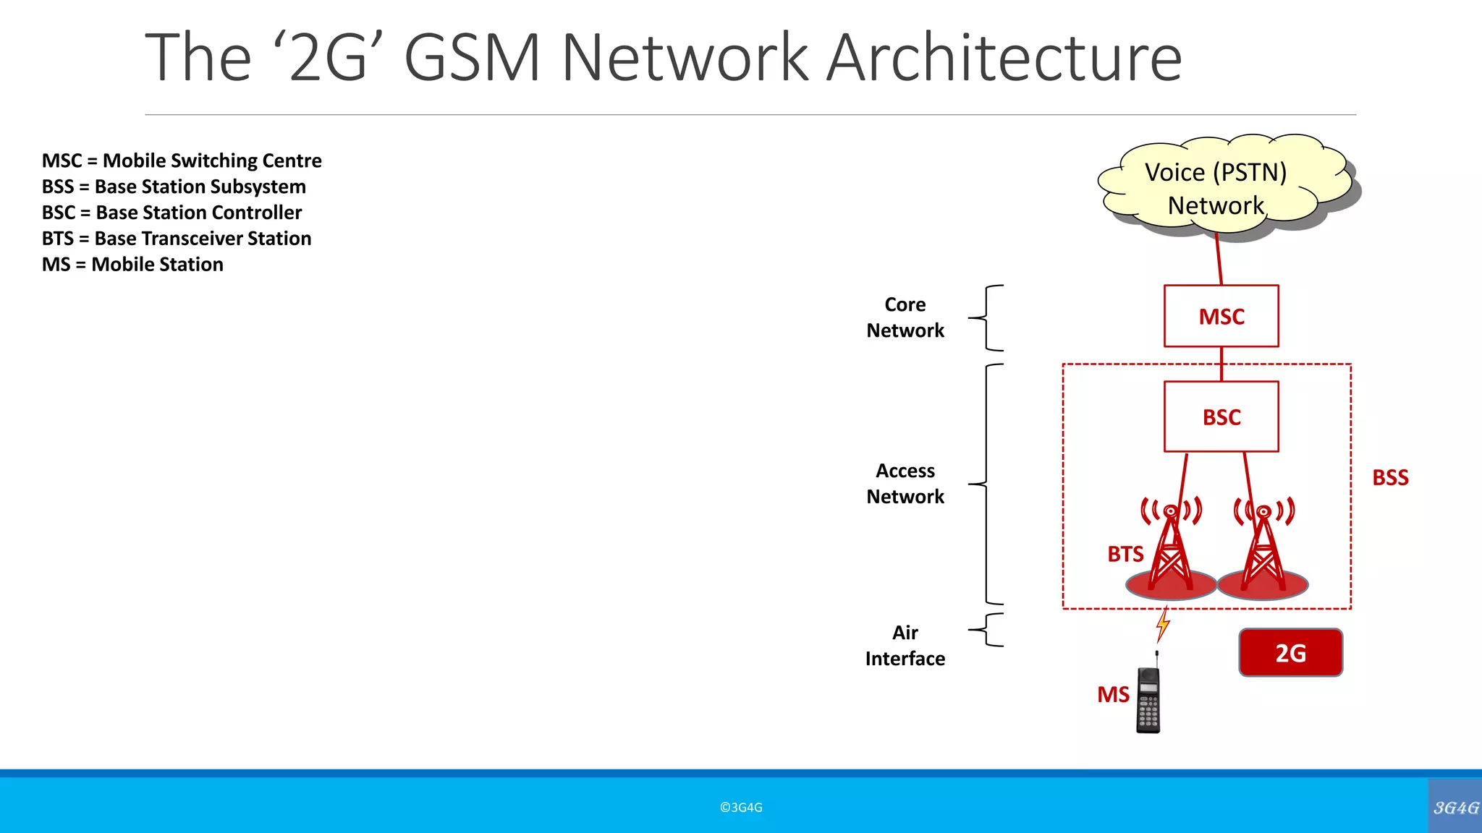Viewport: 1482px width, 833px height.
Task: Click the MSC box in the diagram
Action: tap(1221, 316)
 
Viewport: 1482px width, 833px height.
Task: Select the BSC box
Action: tap(1221, 416)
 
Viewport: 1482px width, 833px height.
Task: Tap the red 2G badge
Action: tap(1290, 653)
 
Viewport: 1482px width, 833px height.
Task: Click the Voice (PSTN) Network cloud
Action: tap(1216, 188)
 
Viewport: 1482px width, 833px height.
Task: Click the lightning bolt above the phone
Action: tap(1163, 624)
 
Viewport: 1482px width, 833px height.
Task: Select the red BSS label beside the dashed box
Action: tap(1390, 478)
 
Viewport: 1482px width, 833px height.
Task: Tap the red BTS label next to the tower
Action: tap(1125, 555)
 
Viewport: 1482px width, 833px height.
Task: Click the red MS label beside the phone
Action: tap(1113, 695)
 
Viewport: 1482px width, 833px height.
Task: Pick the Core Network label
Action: tap(905, 317)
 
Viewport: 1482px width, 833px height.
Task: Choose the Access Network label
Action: tap(905, 484)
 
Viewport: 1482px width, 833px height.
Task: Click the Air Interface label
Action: tap(905, 646)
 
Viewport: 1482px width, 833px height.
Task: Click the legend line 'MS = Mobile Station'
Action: tap(132, 265)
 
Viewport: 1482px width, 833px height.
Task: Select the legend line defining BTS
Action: tap(177, 239)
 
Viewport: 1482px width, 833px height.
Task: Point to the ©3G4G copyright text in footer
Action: tap(741, 808)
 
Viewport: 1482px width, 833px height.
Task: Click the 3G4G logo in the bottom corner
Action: tap(1455, 807)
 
